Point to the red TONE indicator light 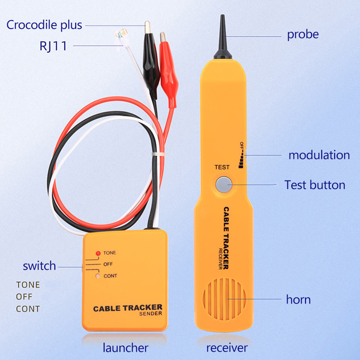97,253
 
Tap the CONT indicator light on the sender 97,276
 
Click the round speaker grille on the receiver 224,299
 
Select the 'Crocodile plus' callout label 44,25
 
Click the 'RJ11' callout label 53,46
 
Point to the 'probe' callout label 302,35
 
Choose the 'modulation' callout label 319,155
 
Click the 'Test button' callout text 315,185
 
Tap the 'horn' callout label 298,299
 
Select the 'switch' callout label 39,266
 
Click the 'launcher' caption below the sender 126,348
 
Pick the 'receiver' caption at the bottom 227,348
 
